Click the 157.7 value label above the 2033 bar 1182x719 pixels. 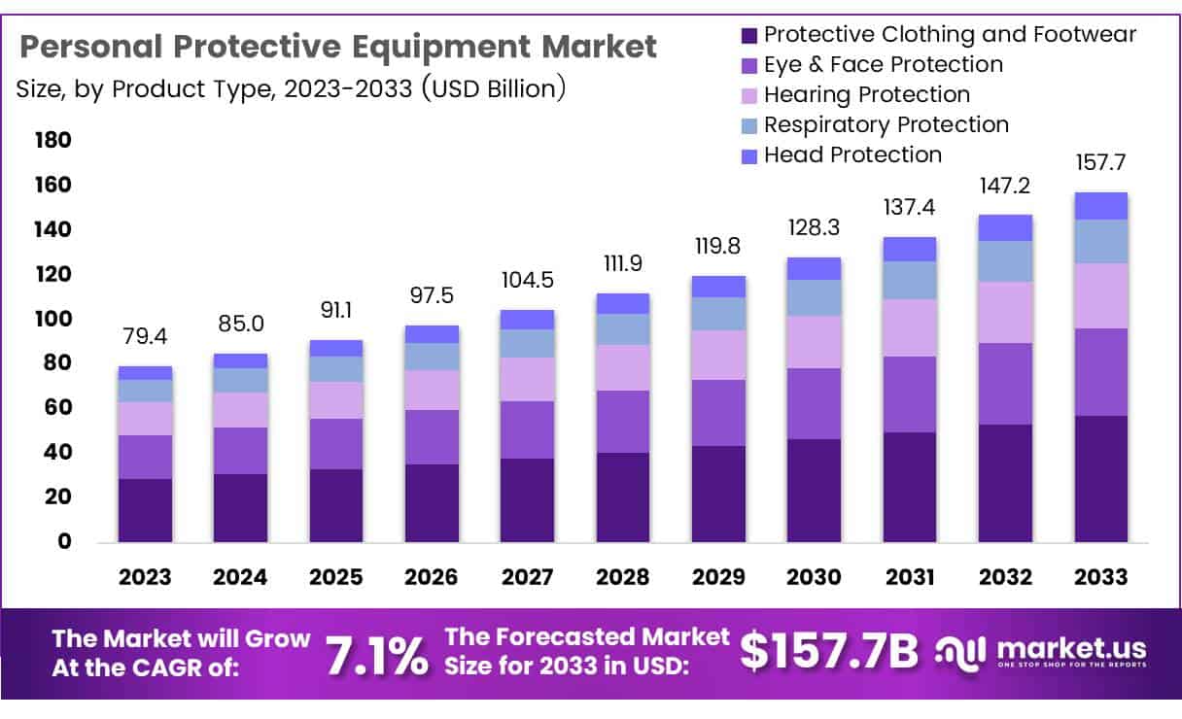(1100, 162)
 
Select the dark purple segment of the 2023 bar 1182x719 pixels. (145, 510)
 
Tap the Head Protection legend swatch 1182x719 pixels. (748, 155)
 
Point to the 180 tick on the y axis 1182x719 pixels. (52, 140)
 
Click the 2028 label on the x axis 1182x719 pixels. (623, 577)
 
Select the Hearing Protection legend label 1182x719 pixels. (867, 94)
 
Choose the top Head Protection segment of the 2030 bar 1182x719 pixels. (814, 268)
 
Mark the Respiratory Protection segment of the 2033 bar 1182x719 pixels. (1100, 241)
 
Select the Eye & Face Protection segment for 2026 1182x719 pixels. (432, 437)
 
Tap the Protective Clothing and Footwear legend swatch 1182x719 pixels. (748, 35)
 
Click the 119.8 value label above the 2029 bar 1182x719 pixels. (718, 246)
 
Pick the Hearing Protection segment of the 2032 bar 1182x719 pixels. (1005, 312)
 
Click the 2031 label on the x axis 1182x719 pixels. (910, 577)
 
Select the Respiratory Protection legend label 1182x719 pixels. (886, 124)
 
